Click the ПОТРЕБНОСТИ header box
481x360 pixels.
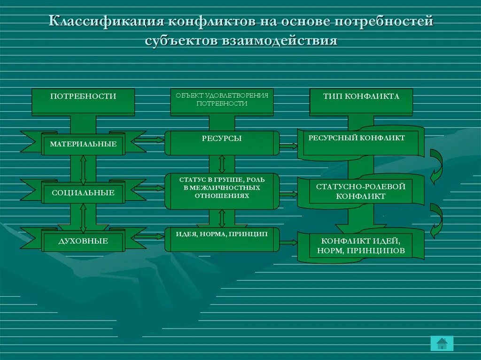(83, 101)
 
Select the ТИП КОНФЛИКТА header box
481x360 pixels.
(361, 101)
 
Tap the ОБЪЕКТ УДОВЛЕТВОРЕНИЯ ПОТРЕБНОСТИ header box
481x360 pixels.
(222, 101)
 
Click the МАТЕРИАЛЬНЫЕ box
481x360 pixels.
(83, 144)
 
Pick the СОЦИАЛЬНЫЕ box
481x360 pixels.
(83, 193)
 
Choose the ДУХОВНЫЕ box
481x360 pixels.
(83, 241)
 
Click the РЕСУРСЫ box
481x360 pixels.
(222, 143)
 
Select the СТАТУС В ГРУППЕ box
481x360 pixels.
(222, 191)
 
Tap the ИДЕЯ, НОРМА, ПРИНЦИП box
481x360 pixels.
(222, 239)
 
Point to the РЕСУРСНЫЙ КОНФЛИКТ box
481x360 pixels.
(361, 142)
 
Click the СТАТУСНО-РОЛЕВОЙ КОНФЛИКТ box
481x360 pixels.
(361, 191)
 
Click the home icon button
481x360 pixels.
(442, 344)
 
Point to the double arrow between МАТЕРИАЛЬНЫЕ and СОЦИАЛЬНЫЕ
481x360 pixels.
(83, 169)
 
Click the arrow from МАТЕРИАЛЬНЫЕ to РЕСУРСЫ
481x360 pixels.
(149, 139)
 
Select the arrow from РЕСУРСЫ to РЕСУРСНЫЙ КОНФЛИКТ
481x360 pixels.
(288, 146)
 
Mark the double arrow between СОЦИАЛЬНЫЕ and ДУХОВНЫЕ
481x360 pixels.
(83, 218)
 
